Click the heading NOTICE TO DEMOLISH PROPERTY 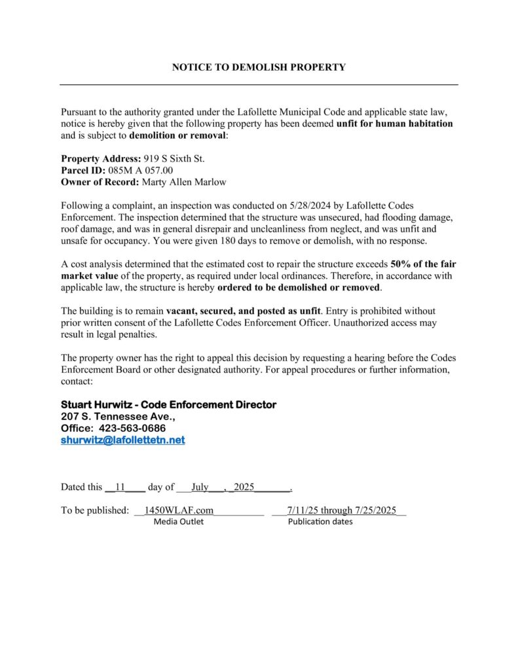pos(259,67)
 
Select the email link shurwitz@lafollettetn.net pos(123,440)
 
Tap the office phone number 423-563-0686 pos(132,428)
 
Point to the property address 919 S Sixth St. pos(174,158)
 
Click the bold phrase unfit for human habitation pos(394,123)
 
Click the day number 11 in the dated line pos(120,487)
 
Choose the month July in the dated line pos(200,487)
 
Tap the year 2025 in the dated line pos(242,487)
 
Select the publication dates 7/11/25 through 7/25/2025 pos(342,510)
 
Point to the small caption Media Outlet pos(179,521)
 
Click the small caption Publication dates pos(320,521)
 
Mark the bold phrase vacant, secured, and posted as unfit pos(242,311)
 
